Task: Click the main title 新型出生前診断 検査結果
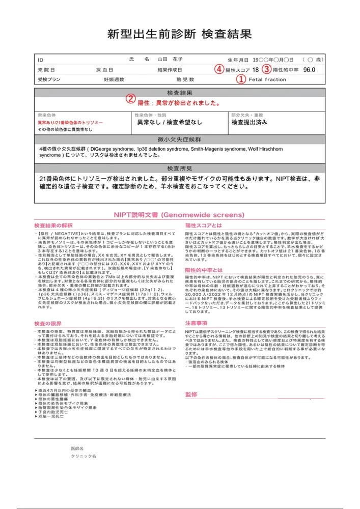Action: coord(180,35)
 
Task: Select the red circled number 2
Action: coord(131,99)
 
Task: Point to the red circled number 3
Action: coord(267,69)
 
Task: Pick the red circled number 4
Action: coord(218,69)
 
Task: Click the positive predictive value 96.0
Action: coord(309,70)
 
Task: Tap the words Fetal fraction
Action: coord(267,80)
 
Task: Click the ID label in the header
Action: coord(41,60)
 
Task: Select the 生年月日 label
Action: coord(238,60)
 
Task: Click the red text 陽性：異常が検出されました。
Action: coord(179,103)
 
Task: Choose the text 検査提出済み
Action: coord(249,123)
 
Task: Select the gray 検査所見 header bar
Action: coord(180,168)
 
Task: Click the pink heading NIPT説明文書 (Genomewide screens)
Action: coord(179,215)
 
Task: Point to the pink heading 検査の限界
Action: coord(49,324)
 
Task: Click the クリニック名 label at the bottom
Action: coord(84,457)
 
